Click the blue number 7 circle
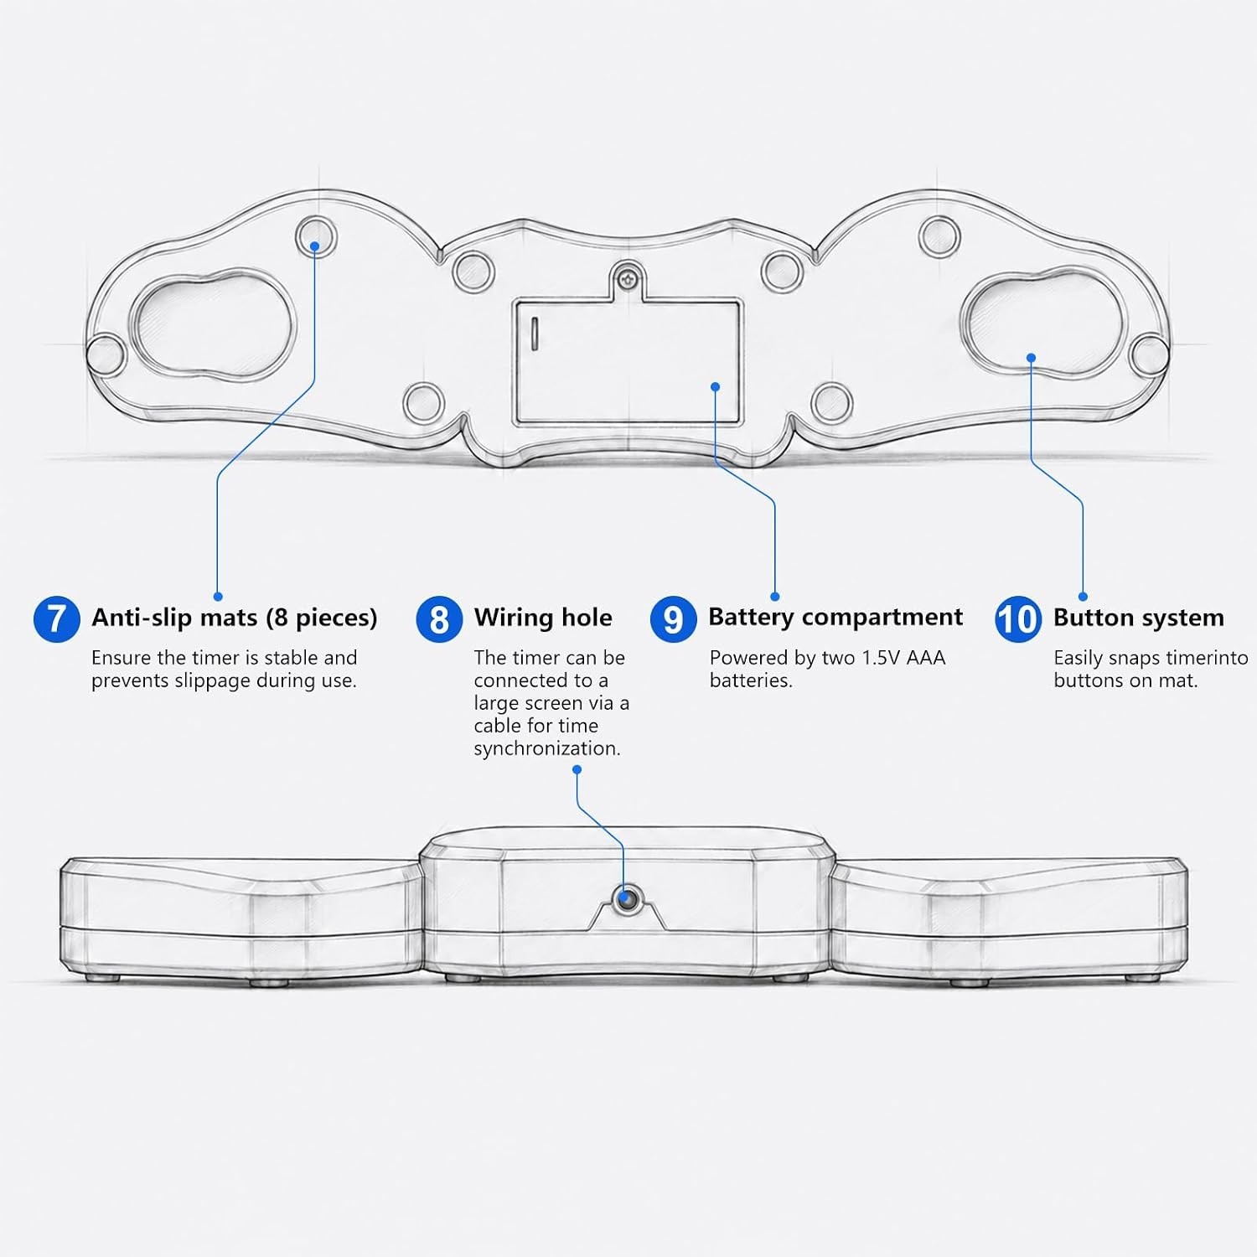click(x=57, y=619)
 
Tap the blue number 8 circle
click(x=439, y=619)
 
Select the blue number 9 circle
click(x=673, y=619)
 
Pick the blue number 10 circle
click(x=1018, y=619)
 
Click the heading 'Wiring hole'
click(x=543, y=618)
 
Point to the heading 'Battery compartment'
click(x=835, y=618)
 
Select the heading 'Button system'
click(x=1139, y=618)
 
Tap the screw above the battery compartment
click(x=628, y=274)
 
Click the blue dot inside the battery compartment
click(x=715, y=386)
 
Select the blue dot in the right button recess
click(x=1031, y=358)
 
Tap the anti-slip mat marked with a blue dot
click(x=317, y=236)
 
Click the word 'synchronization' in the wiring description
click(x=547, y=749)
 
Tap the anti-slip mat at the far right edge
click(x=1147, y=354)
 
